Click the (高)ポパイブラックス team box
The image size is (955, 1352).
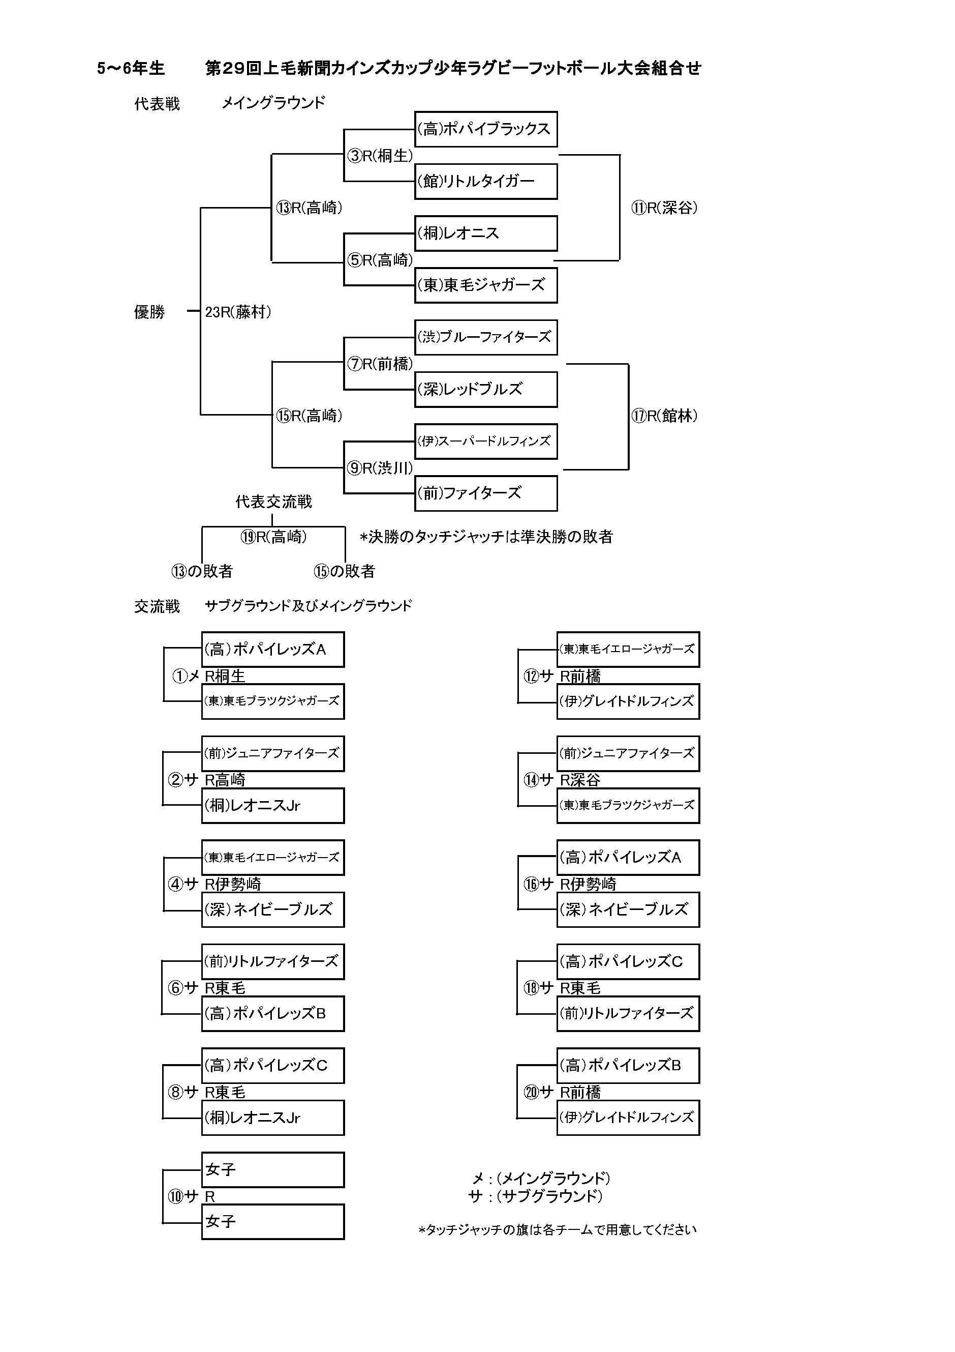(x=485, y=129)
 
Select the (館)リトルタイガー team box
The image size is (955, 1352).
(x=485, y=182)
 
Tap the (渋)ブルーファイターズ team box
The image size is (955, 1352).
(x=485, y=337)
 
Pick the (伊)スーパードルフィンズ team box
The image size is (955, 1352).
(x=485, y=441)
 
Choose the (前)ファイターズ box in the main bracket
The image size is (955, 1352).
(x=485, y=493)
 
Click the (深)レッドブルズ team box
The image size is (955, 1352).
(x=485, y=389)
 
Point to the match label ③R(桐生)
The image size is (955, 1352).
(x=380, y=156)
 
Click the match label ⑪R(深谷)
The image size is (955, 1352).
(x=664, y=208)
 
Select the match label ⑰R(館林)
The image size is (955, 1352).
(x=664, y=416)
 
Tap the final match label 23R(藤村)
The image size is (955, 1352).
(x=238, y=312)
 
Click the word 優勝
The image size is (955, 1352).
(x=149, y=312)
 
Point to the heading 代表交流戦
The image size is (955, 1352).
(x=273, y=502)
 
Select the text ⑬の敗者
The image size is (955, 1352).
(x=202, y=571)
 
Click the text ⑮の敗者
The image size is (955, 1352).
(x=344, y=571)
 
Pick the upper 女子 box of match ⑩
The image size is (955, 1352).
(x=272, y=1170)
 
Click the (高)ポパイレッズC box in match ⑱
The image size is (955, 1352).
(x=628, y=961)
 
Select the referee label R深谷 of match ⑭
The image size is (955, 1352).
(x=579, y=780)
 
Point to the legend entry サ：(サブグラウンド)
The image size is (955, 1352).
(x=536, y=1196)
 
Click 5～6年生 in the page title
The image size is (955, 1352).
(x=131, y=68)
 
